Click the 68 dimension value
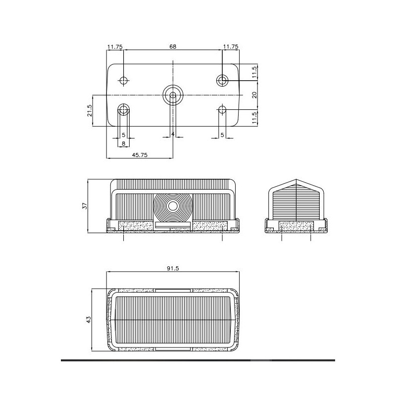tap(172, 47)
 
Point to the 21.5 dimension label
tap(90, 110)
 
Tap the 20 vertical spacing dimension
tap(254, 95)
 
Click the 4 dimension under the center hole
tap(172, 134)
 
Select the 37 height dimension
tap(85, 205)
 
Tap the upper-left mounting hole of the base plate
tap(123, 80)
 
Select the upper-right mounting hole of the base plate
tap(222, 80)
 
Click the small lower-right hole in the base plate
tap(222, 109)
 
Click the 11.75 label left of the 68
tap(115, 47)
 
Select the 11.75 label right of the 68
tap(231, 47)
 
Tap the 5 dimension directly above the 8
tap(123, 135)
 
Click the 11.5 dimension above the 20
tap(254, 72)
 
